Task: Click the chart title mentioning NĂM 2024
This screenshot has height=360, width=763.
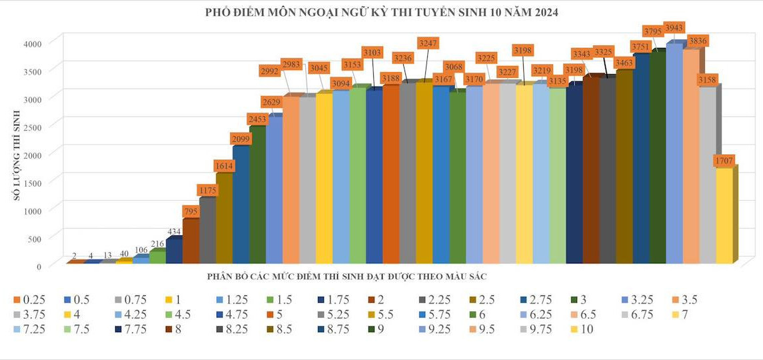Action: coord(381,12)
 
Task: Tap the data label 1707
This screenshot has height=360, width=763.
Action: coord(724,161)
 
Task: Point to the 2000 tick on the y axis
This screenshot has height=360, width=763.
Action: coord(33,155)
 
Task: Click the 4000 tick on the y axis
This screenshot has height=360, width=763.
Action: coord(33,43)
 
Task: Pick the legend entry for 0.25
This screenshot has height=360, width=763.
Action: coord(31,299)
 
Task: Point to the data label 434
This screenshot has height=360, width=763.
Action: coord(173,231)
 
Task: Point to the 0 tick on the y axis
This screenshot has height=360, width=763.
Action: coord(39,266)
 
